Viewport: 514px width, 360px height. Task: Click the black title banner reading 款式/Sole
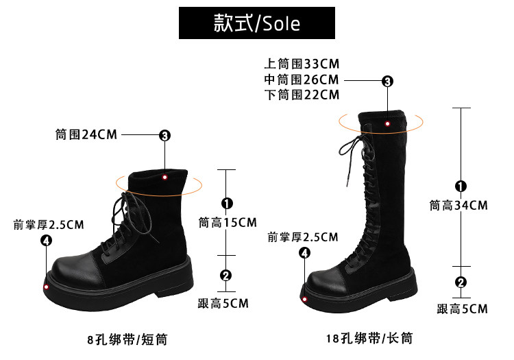(257, 24)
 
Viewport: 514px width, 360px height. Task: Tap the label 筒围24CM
(86, 134)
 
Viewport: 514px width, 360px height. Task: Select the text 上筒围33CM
(302, 64)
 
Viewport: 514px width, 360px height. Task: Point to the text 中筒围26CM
(302, 80)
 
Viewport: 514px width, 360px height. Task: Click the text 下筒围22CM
(302, 95)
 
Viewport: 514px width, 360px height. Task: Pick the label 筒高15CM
(228, 222)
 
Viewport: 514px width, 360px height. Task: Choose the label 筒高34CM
(458, 205)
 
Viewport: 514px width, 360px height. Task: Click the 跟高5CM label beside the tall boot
(463, 309)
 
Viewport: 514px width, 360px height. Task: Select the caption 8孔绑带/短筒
(128, 339)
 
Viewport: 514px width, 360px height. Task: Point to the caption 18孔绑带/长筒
(370, 339)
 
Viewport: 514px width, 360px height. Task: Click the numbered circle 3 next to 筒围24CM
(164, 135)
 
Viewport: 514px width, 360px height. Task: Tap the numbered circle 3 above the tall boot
(387, 81)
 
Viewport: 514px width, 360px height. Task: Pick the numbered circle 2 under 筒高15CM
(226, 276)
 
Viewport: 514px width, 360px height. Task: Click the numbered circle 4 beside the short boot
(46, 240)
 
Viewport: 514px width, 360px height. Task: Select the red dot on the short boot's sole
(47, 287)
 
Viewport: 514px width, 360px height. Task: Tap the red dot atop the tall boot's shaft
(387, 123)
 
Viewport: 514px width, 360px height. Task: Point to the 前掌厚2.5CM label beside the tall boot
(303, 237)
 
